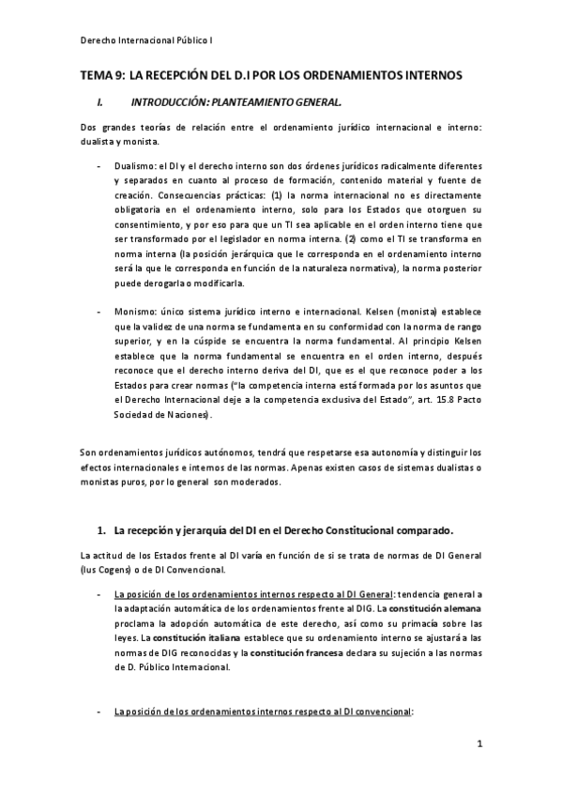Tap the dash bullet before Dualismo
coord(100,166)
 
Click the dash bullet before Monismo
coord(100,311)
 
